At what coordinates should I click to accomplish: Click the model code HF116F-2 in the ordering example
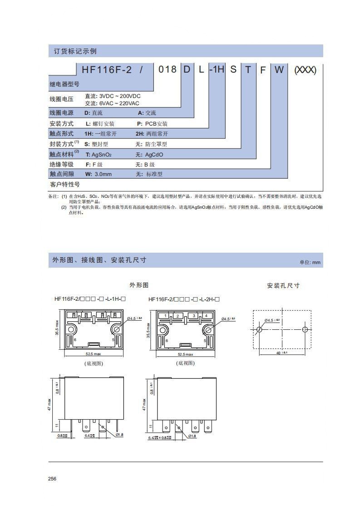[x=107, y=70]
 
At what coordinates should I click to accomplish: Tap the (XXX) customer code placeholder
[x=305, y=70]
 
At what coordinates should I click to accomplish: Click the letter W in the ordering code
[x=279, y=70]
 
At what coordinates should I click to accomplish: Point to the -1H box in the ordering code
[x=217, y=70]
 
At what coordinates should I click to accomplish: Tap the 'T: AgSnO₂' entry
[x=99, y=155]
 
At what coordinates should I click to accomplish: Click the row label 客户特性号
[x=64, y=185]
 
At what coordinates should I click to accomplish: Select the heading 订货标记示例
[x=73, y=51]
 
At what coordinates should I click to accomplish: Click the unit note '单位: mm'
[x=310, y=262]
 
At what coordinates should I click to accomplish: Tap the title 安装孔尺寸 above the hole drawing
[x=283, y=286]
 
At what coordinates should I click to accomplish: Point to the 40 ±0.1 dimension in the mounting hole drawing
[x=281, y=353]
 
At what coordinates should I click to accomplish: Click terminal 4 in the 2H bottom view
[x=206, y=315]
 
